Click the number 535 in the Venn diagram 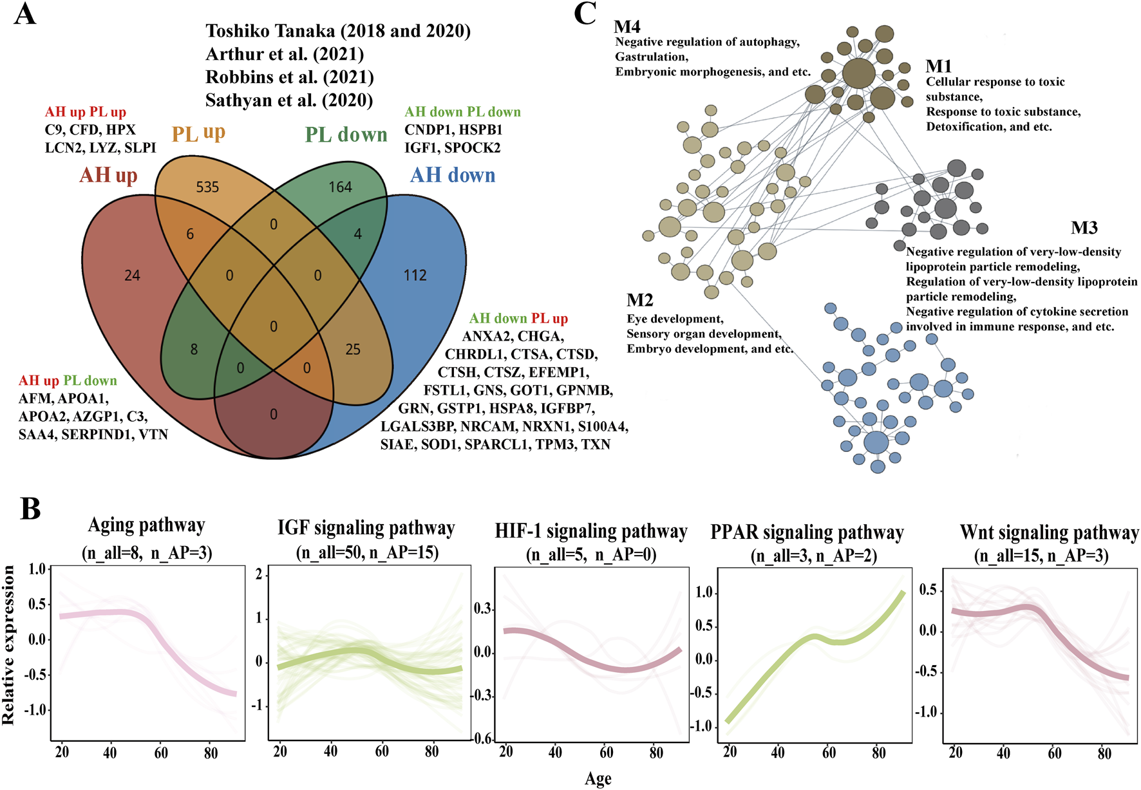pyautogui.click(x=207, y=187)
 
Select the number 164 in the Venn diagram pyautogui.click(x=340, y=187)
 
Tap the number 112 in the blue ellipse pyautogui.click(x=415, y=276)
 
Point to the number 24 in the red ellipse pyautogui.click(x=132, y=276)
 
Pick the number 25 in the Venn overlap pyautogui.click(x=353, y=350)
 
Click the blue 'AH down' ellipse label pyautogui.click(x=453, y=175)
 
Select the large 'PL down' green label pyautogui.click(x=346, y=135)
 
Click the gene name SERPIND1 pyautogui.click(x=95, y=435)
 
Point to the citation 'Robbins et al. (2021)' pyautogui.click(x=290, y=77)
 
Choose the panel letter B pyautogui.click(x=31, y=509)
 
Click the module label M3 pyautogui.click(x=1084, y=228)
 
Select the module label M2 pyautogui.click(x=640, y=300)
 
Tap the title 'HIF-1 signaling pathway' pyautogui.click(x=591, y=531)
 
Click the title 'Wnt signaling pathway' pyautogui.click(x=1049, y=532)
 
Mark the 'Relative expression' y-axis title pyautogui.click(x=9, y=645)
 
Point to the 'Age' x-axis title pyautogui.click(x=598, y=779)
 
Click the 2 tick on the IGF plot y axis pyautogui.click(x=259, y=574)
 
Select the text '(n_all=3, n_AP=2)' pyautogui.click(x=813, y=555)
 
